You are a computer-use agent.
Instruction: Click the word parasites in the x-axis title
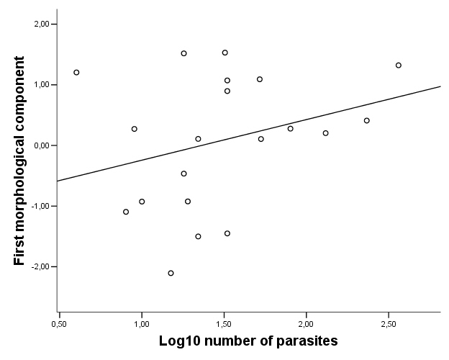pyautogui.click(x=302, y=338)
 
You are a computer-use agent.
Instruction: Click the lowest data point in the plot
pyautogui.click(x=171, y=273)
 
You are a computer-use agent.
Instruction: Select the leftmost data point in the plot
pyautogui.click(x=76, y=72)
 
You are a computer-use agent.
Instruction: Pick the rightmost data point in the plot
pyautogui.click(x=398, y=65)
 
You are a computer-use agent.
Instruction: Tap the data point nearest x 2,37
pyautogui.click(x=367, y=120)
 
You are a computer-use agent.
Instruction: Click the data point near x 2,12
pyautogui.click(x=325, y=133)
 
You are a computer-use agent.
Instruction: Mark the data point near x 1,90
pyautogui.click(x=290, y=129)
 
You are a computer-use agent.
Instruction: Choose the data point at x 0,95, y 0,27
pyautogui.click(x=134, y=129)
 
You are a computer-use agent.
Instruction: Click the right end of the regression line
pyautogui.click(x=440, y=86)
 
